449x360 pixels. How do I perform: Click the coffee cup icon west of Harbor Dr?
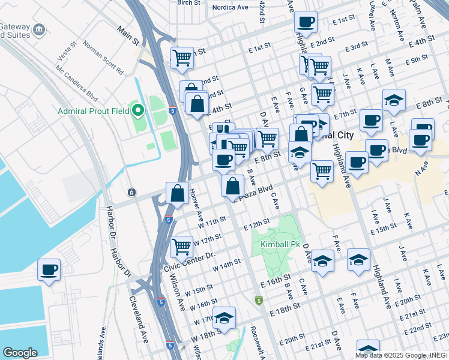pyautogui.click(x=49, y=269)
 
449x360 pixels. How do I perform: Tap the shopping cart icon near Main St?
pyautogui.click(x=182, y=58)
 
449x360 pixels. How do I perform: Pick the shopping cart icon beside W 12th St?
pyautogui.click(x=181, y=246)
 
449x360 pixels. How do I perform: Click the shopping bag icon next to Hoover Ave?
pyautogui.click(x=177, y=193)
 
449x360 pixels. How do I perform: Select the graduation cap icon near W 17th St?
pyautogui.click(x=224, y=318)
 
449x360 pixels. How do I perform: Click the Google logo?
pyautogui.click(x=20, y=353)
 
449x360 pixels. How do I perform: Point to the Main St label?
pyautogui.click(x=128, y=37)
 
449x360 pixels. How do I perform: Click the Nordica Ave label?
pyautogui.click(x=232, y=7)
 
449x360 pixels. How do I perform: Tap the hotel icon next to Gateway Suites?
pyautogui.click(x=39, y=29)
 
